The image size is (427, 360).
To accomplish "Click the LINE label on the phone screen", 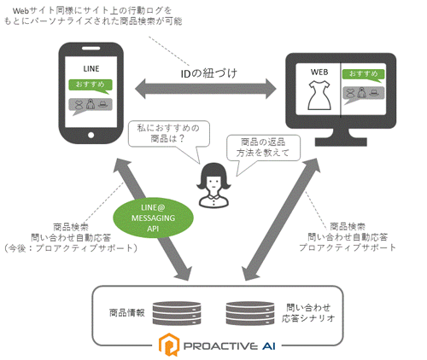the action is coord(91,69).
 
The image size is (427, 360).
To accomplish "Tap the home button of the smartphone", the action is coord(91,135).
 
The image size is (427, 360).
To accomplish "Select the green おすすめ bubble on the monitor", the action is coord(363,75).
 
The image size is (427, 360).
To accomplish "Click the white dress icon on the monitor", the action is coord(319,95).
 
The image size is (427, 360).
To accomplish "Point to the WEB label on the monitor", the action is coord(319,72).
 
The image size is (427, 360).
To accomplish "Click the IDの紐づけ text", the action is coord(208,73).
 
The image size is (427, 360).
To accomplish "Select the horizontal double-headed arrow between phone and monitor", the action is coord(206,89).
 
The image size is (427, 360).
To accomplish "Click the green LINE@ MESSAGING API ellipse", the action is coord(153,218).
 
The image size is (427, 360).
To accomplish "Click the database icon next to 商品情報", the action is coord(177,313).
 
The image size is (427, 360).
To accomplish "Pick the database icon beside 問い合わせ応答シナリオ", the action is coord(250,313).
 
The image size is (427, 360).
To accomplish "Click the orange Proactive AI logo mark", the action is coord(169,345).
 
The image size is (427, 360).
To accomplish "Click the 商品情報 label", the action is coord(127,313).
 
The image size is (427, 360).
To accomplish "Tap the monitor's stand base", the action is coord(341,141).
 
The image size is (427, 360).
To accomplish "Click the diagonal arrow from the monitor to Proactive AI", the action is coord(281,219).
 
